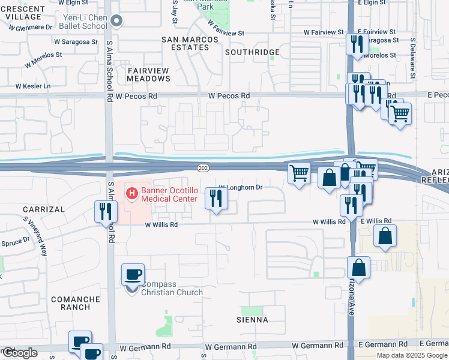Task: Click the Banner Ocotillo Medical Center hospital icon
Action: coord(131,194)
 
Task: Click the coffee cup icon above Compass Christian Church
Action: coord(133,274)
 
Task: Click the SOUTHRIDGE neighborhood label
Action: coord(252,52)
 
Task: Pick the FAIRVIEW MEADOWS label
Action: coord(148,74)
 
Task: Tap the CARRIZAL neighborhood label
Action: coord(43,209)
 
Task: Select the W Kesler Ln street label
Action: coord(33,86)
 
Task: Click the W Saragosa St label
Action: coord(76,42)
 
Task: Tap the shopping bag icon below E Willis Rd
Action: coord(385,236)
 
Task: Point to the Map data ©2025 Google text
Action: coord(411,355)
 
